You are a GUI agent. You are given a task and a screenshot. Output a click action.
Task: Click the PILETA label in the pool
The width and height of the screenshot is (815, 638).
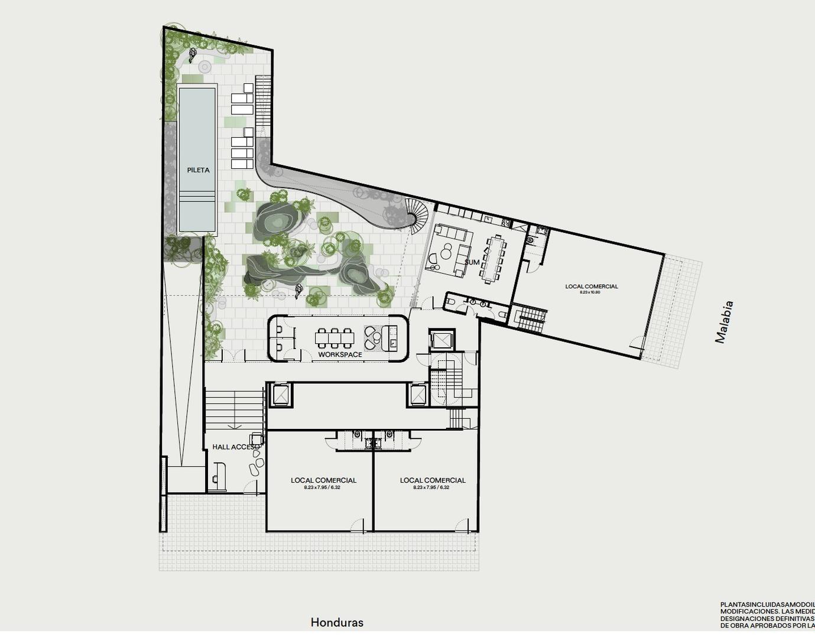198,170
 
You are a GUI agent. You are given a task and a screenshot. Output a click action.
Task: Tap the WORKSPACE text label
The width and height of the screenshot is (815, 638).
340,354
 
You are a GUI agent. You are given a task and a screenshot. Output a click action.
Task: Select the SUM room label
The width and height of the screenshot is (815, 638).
472,262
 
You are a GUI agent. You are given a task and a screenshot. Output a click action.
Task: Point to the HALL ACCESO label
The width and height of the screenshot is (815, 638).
235,447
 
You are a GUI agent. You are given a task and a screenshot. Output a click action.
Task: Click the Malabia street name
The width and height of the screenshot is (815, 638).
724,322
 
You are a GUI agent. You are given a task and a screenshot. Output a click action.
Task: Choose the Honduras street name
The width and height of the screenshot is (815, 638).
337,622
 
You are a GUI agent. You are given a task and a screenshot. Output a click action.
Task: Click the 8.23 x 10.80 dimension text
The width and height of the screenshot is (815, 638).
590,292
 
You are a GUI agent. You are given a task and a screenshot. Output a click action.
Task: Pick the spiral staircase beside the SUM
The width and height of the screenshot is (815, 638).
417,214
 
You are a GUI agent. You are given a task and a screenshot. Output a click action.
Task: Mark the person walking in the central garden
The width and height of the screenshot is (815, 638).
299,289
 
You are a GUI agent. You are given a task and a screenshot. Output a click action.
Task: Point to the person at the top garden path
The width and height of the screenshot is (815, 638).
193,56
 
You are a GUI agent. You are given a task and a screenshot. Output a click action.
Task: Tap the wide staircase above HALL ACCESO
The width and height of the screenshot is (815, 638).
234,409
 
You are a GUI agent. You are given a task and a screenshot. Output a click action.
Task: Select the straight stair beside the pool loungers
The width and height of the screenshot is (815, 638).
263,106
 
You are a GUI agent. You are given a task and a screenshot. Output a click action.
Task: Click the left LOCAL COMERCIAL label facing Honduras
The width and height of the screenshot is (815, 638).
323,480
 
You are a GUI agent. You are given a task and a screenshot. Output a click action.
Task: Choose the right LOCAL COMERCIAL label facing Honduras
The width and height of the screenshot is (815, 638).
433,480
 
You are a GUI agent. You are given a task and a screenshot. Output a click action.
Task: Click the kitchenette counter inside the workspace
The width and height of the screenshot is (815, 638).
391,337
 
